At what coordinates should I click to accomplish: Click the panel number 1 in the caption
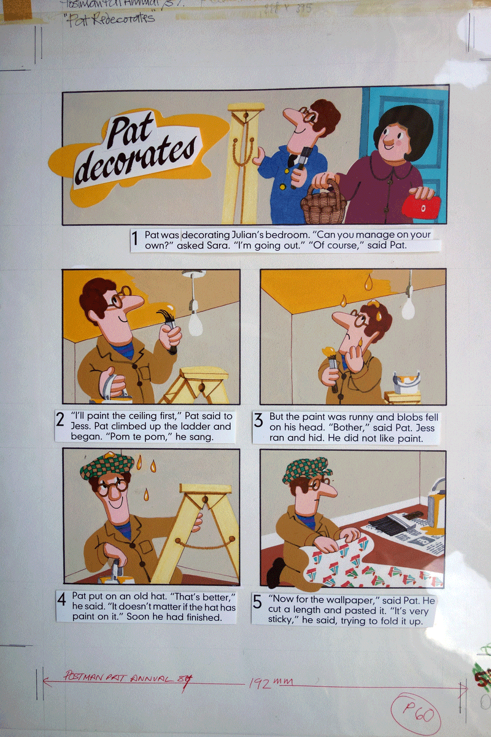point(135,240)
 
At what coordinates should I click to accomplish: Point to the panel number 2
point(61,420)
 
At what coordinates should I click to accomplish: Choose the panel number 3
point(258,420)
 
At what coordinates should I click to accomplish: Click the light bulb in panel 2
point(195,322)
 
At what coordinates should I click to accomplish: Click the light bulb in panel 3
point(408,308)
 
